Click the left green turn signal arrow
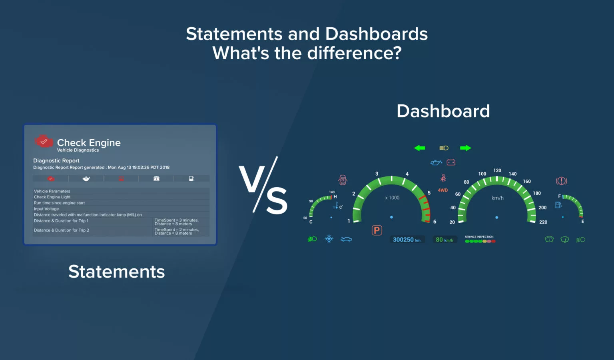click(419, 148)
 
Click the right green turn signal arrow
click(465, 148)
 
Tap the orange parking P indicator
click(377, 230)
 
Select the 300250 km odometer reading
click(407, 240)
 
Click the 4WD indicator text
click(443, 190)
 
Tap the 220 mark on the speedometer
click(543, 222)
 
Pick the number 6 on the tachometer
click(435, 222)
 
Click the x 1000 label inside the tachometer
click(392, 198)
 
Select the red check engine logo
click(44, 141)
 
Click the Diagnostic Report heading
click(56, 160)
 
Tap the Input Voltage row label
click(46, 209)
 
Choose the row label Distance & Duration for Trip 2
click(62, 230)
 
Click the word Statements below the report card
click(116, 272)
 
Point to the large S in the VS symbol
click(277, 200)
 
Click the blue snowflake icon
click(329, 239)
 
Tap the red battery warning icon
click(451, 162)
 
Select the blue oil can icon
click(436, 163)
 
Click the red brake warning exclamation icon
click(561, 181)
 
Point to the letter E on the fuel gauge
click(583, 222)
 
